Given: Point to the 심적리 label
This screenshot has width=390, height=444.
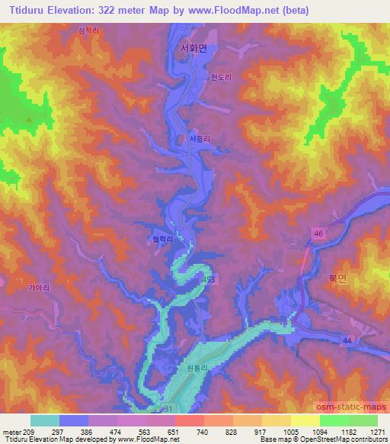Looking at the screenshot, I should (x=89, y=31).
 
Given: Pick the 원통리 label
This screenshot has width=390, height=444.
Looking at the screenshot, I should (x=197, y=367).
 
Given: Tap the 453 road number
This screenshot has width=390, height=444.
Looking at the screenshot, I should (x=209, y=281).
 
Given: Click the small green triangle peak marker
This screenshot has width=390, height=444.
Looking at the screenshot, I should (x=29, y=119).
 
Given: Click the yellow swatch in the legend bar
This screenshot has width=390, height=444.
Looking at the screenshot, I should (x=305, y=420).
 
